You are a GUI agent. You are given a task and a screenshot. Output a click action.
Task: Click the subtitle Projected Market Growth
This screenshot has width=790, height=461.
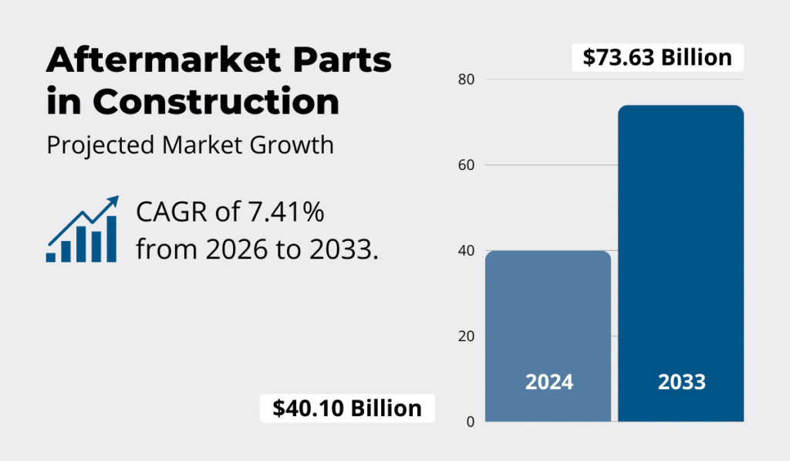click(190, 145)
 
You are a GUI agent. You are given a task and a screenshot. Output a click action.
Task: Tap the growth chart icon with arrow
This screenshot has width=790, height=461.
click(82, 230)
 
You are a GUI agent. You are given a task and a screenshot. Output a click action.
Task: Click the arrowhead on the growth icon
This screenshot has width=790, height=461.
click(113, 202)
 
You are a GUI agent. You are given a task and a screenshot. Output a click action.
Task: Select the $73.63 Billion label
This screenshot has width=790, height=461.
click(657, 57)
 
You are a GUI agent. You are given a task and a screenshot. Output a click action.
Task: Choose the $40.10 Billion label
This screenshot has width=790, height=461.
click(347, 408)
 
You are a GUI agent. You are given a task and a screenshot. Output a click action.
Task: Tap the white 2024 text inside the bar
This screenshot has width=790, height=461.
click(549, 381)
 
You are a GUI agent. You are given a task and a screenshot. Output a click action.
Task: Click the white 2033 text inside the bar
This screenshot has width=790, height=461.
click(681, 381)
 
